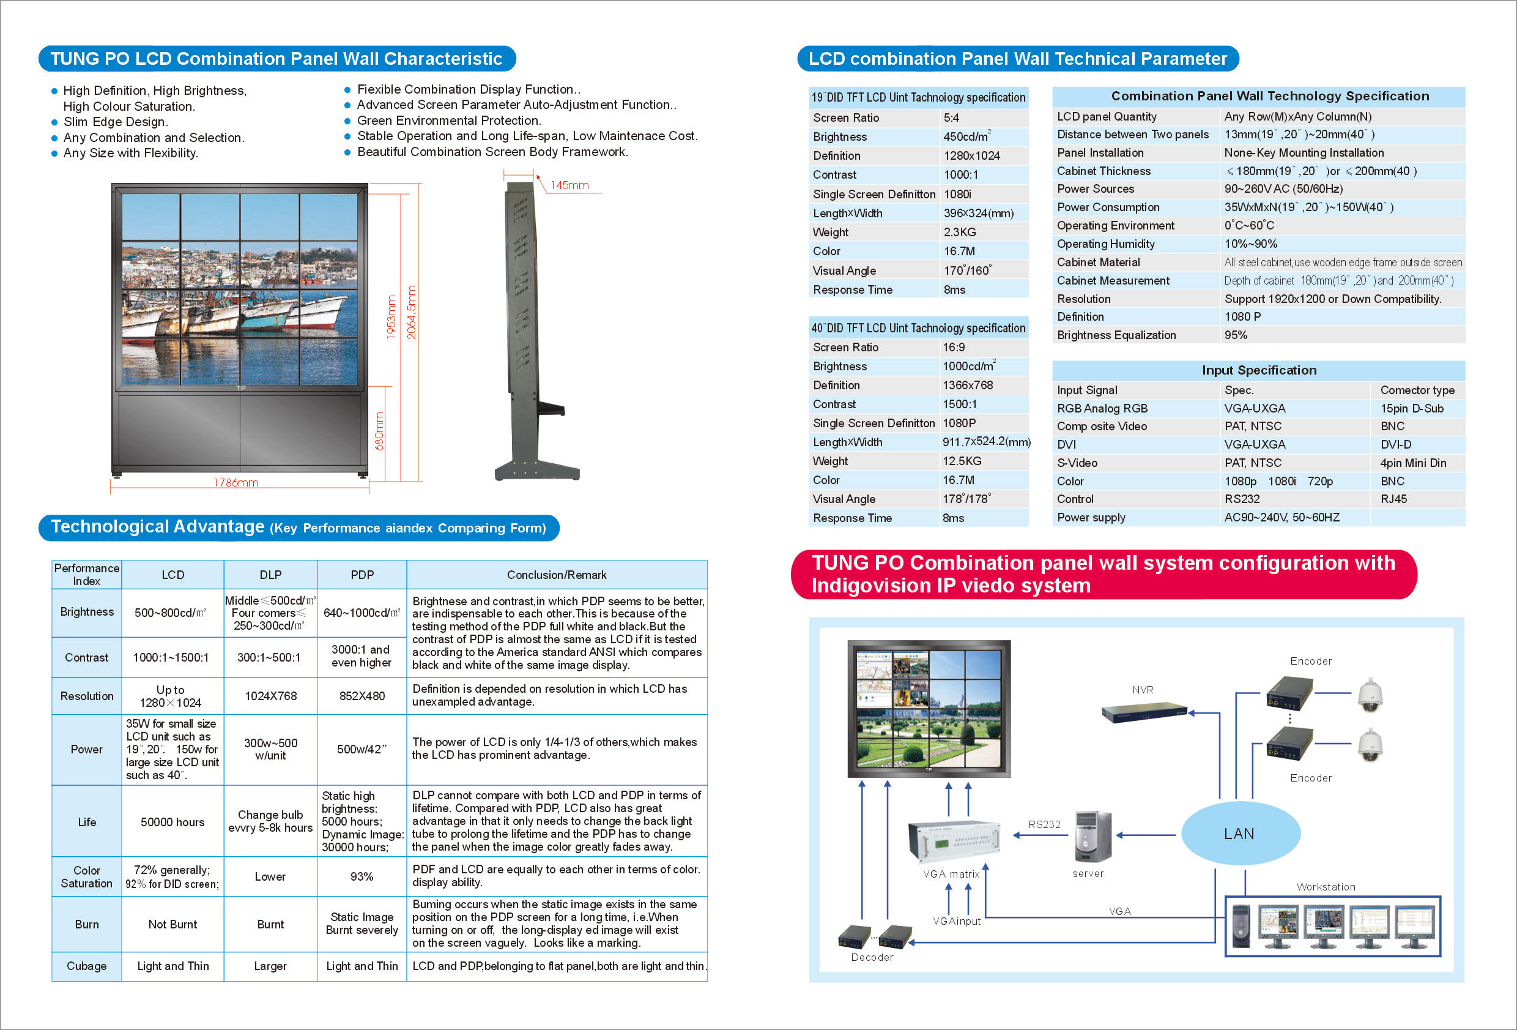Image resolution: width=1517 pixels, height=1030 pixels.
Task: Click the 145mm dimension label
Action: pos(569,185)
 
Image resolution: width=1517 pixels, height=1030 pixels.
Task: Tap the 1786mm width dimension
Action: pos(236,483)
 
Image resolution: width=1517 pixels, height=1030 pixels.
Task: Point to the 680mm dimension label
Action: pos(379,431)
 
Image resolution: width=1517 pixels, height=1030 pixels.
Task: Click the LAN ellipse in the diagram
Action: pos(1241,834)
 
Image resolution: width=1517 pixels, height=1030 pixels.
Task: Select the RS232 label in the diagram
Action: pos(1044,824)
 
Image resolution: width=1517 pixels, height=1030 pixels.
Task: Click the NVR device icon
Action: pos(1144,712)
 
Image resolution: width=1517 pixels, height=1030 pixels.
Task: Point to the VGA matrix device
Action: pos(954,843)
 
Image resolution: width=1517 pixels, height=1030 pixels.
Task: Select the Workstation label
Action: pos(1326,886)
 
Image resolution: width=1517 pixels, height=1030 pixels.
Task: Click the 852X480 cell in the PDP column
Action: pos(362,696)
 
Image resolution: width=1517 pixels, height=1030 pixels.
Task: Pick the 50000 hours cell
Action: pos(172,823)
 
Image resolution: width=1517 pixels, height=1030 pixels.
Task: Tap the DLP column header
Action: pos(270,575)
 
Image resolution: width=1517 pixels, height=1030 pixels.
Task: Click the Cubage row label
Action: pos(86,966)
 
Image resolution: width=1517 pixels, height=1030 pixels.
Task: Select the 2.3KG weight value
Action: pos(960,232)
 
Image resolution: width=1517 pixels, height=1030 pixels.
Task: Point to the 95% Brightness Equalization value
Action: pos(1236,335)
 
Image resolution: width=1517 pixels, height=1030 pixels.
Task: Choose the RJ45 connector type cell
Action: pos(1393,499)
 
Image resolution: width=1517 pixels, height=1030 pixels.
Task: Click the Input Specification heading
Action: pos(1259,370)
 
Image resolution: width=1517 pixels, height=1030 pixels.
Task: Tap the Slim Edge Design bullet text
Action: pos(116,122)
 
